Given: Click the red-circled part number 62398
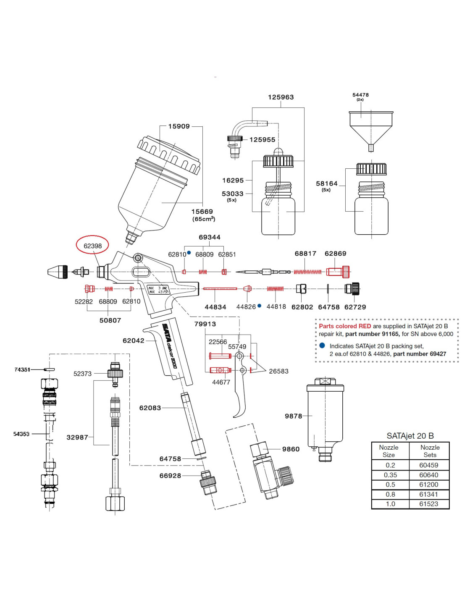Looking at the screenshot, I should [x=92, y=246].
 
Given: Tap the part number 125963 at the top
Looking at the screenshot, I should [x=281, y=97].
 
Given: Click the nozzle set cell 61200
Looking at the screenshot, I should [x=428, y=484].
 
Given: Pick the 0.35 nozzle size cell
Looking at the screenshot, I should [x=390, y=475].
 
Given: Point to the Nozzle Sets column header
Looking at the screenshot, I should [x=430, y=451].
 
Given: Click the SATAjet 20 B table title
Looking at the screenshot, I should [x=410, y=436].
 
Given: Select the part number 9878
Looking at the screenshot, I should [x=293, y=416].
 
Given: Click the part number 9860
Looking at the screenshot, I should [x=291, y=449].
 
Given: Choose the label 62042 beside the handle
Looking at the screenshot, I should [x=133, y=341].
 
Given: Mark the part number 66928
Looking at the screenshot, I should [x=170, y=476].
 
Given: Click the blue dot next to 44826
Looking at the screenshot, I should [x=260, y=306].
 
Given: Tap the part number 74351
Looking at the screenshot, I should [x=22, y=369].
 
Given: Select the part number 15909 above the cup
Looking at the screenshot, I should [x=179, y=126].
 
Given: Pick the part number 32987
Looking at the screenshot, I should [x=77, y=437].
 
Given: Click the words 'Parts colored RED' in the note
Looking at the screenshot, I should [x=345, y=326].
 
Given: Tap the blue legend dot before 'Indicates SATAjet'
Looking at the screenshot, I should [x=322, y=346].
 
